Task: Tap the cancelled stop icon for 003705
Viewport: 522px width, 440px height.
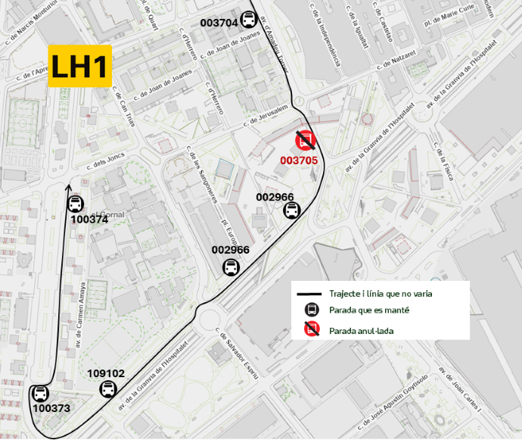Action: click(x=306, y=140)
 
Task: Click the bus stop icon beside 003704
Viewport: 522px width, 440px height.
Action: click(x=248, y=20)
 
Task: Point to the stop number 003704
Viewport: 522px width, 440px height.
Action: click(x=219, y=23)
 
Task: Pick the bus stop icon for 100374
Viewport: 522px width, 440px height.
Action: click(x=75, y=204)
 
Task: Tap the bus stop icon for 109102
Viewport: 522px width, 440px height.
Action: click(x=109, y=389)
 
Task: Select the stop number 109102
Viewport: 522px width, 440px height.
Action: click(x=106, y=373)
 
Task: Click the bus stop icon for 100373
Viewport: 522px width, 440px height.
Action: click(x=40, y=394)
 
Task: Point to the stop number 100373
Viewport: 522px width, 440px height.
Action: click(x=51, y=409)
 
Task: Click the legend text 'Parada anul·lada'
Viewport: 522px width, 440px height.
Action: click(x=361, y=330)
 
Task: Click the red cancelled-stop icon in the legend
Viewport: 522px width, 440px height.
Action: click(x=311, y=329)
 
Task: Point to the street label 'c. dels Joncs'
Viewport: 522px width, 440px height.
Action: click(x=104, y=162)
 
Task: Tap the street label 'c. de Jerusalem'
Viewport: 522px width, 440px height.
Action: click(x=266, y=116)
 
